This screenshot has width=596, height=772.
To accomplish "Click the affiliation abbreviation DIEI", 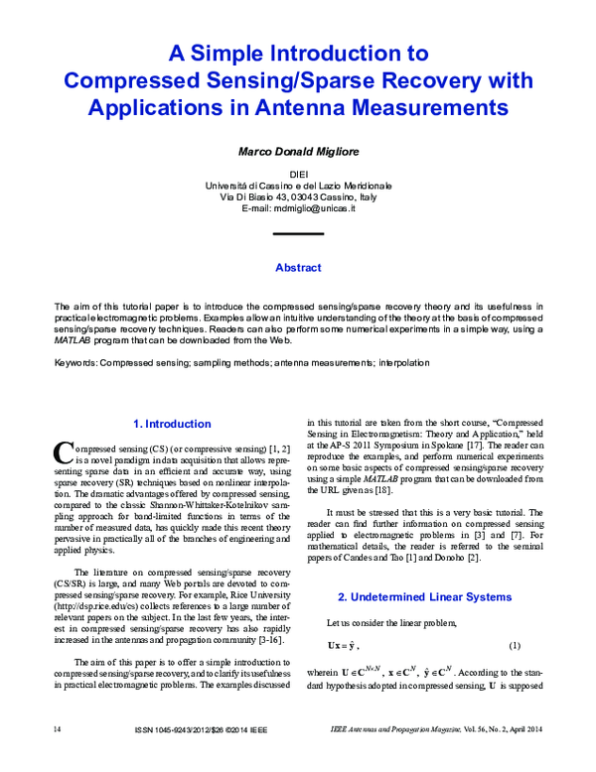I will coord(298,175).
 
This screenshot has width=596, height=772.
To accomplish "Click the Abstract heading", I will coord(298,268).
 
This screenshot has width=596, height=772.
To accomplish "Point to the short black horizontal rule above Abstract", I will coord(298,234).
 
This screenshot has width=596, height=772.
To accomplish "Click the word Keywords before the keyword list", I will coord(75,363).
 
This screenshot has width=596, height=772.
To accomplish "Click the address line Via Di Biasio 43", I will coord(259,197).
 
